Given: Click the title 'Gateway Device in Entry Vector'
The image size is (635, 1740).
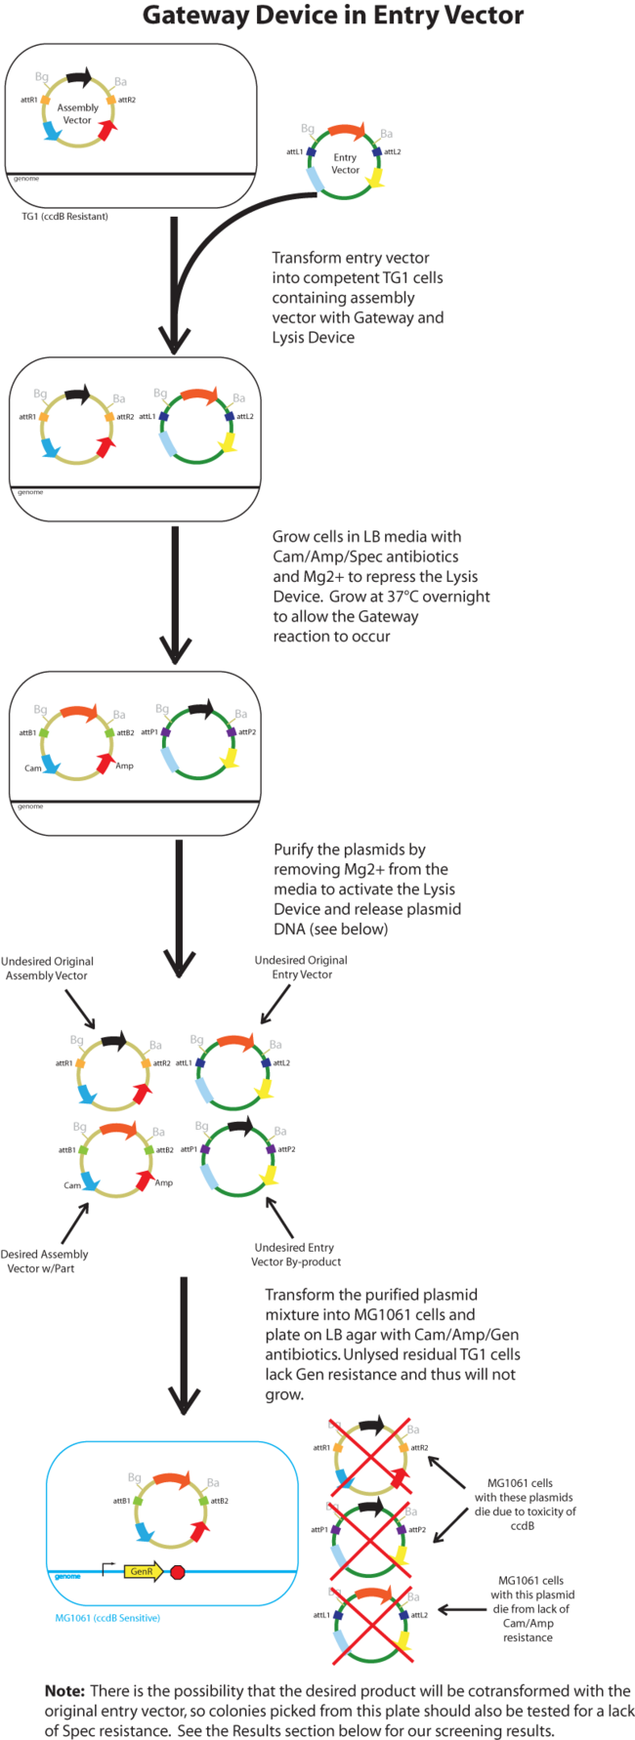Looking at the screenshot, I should tap(332, 16).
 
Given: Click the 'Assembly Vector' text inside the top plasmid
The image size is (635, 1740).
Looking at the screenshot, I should tap(77, 114).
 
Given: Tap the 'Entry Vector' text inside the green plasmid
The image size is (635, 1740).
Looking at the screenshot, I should tap(345, 163).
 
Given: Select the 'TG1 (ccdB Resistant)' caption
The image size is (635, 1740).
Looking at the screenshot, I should tap(64, 216).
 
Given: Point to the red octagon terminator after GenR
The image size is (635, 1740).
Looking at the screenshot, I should tap(178, 1572).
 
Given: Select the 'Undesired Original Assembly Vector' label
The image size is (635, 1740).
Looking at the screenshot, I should tap(47, 968).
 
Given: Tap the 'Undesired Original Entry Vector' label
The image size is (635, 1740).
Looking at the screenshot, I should tap(301, 967).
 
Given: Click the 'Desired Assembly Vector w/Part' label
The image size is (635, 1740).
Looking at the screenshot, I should tap(45, 1261).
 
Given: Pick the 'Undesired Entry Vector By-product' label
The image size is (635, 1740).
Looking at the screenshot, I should tap(295, 1255).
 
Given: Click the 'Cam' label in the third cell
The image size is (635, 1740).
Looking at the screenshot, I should tap(33, 768).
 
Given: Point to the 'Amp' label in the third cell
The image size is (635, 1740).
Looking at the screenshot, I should tap(124, 766).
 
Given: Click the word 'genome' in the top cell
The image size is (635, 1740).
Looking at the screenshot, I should tap(25, 179).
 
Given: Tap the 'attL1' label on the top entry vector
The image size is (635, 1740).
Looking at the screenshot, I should tap(294, 152).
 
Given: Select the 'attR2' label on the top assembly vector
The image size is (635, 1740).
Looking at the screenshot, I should tap(127, 100).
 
